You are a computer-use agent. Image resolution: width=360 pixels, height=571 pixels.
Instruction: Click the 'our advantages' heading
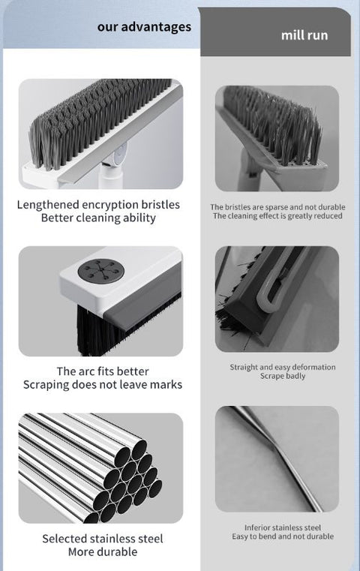coord(144,27)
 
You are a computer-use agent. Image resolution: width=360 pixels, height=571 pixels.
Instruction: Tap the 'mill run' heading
coord(304,35)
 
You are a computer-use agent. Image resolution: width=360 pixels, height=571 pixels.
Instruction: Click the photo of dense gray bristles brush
coord(100,134)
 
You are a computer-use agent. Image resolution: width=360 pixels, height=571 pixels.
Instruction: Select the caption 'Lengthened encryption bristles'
coord(98,204)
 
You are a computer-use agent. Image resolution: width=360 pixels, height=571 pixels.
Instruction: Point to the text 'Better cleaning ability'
coord(98,218)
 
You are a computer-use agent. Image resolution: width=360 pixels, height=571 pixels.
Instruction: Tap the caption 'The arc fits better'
coord(103,371)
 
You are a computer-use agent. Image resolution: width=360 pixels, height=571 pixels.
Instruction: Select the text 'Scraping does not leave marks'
coord(103,385)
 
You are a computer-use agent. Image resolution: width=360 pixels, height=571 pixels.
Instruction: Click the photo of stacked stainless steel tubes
coord(100,467)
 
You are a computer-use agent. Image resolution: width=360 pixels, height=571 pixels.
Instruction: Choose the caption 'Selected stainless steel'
coord(102,539)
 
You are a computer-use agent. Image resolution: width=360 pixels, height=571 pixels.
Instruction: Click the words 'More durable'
coord(102,552)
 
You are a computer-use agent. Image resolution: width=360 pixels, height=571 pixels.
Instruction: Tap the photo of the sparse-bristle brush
coord(277,138)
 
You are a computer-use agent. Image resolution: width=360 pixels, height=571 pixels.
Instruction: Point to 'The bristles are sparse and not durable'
coord(277,206)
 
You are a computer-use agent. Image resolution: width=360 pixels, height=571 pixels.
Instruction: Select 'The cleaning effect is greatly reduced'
coord(277,216)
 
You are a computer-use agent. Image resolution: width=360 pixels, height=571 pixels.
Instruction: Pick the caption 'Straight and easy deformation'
coord(282,367)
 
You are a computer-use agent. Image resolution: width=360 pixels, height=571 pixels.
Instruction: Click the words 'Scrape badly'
coord(282,376)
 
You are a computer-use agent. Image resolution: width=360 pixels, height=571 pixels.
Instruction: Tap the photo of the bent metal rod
coord(277,458)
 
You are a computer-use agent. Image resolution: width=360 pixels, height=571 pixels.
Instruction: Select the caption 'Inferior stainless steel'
coord(282,527)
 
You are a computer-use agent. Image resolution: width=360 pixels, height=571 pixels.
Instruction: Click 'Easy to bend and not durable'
coord(282,536)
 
